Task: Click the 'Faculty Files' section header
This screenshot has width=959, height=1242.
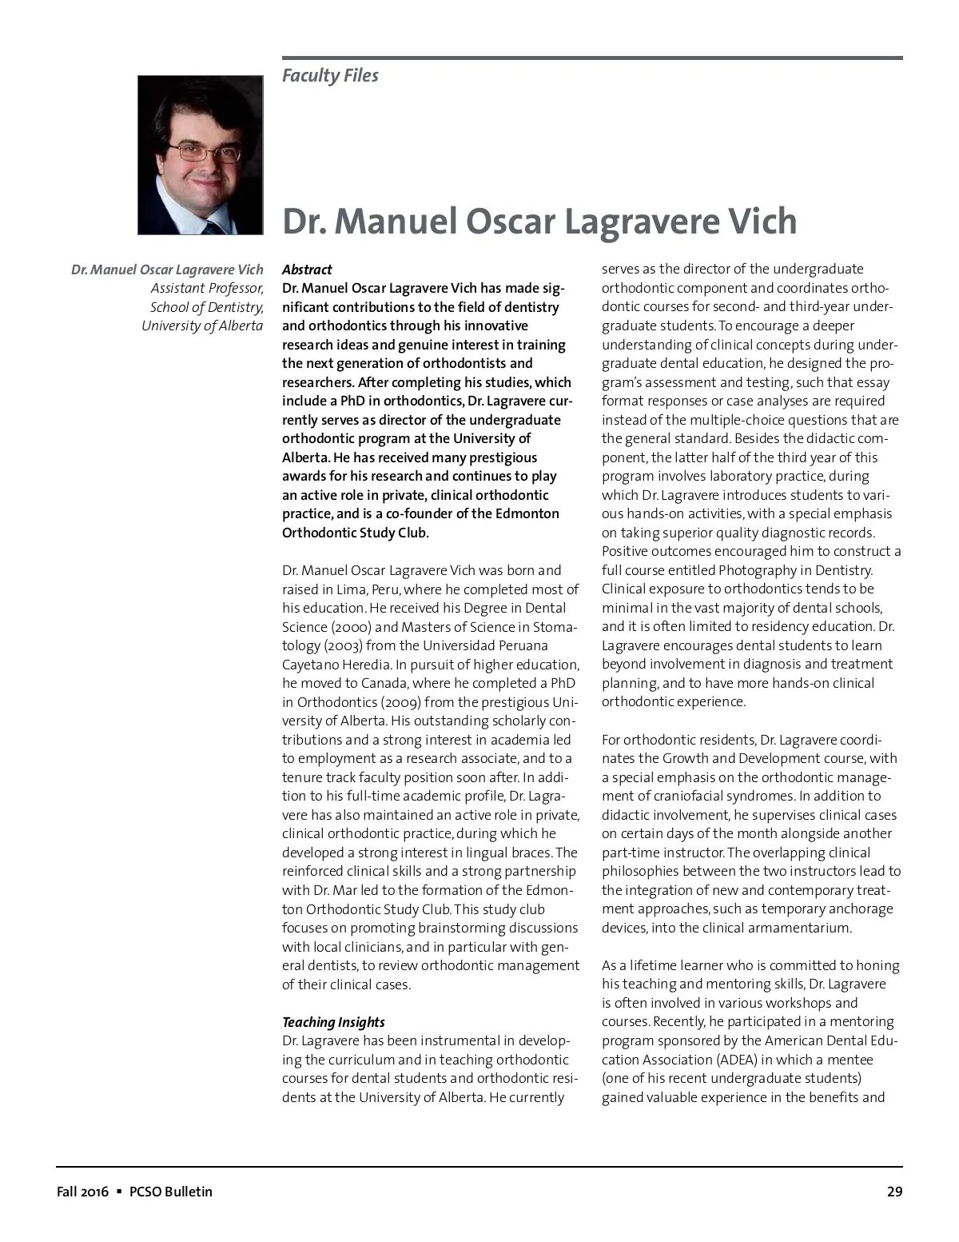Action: coord(330,76)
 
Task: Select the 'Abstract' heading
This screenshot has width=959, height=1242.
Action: coord(307,270)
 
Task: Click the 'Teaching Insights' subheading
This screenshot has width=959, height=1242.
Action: coord(333,1022)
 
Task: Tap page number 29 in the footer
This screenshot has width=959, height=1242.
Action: coord(894,1192)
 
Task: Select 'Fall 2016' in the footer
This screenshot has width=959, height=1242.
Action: coord(82,1192)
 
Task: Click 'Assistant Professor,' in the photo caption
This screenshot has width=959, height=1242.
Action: coord(207,289)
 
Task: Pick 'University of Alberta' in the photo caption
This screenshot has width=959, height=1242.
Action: coord(202,326)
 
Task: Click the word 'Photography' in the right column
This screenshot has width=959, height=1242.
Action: coord(757,570)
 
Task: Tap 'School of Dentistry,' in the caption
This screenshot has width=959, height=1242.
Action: coord(207,308)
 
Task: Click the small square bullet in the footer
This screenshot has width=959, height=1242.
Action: coord(118,1192)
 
